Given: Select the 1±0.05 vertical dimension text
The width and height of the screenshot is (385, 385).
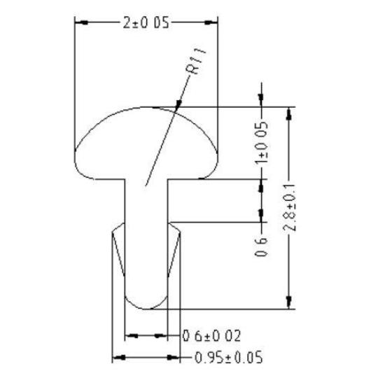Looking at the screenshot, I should pyautogui.click(x=261, y=143).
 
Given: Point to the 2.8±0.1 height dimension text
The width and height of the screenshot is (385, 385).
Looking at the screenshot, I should pyautogui.click(x=290, y=207).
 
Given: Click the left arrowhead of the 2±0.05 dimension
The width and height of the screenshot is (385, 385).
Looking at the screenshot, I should pyautogui.click(x=81, y=22).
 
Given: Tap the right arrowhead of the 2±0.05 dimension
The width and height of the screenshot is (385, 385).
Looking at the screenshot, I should pyautogui.click(x=213, y=22).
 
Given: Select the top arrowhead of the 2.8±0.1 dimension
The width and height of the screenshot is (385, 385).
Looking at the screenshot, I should pyautogui.click(x=287, y=113).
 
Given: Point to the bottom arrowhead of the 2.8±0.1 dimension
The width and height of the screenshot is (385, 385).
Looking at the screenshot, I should pyautogui.click(x=287, y=302).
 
